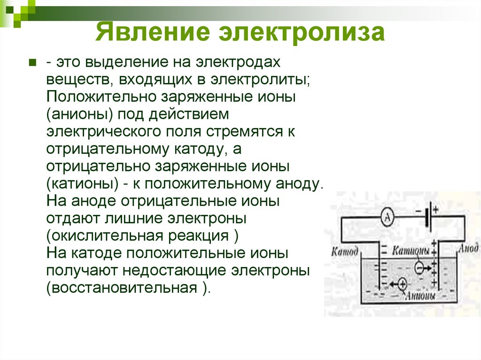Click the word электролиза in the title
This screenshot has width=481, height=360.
[301, 34]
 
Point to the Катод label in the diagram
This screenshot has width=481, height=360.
[345, 251]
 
